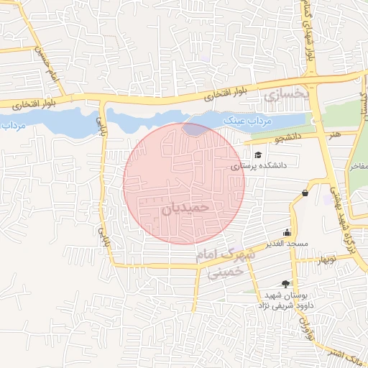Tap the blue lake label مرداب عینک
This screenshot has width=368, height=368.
245,121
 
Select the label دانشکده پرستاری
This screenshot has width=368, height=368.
258,165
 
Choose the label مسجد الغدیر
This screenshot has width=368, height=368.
287,244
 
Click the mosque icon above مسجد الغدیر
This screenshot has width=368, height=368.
287,232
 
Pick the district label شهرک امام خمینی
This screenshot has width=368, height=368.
224,264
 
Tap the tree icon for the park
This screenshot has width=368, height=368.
287,284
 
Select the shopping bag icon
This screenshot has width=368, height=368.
305,193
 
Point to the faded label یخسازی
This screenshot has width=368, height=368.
285,94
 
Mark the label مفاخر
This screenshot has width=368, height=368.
358,165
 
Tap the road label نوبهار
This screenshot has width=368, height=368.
317,259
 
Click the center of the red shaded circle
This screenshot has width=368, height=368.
184,184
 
